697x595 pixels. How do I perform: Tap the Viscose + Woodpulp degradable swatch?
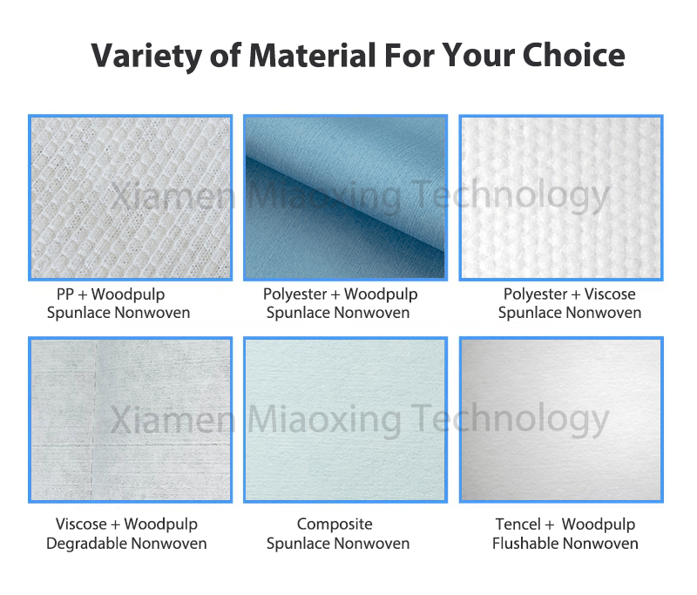pos(131,420)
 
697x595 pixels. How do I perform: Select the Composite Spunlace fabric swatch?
pos(345,420)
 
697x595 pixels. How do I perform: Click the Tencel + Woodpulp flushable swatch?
pos(561,420)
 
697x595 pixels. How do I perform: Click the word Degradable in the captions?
pos(85,544)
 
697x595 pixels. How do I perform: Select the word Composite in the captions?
pos(335,524)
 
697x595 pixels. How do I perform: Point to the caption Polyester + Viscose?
pos(569,294)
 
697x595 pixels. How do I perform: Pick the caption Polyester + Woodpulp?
pos(340,294)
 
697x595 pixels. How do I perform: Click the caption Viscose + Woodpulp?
pos(126,524)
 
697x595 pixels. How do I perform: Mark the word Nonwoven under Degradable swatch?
pos(168,544)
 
